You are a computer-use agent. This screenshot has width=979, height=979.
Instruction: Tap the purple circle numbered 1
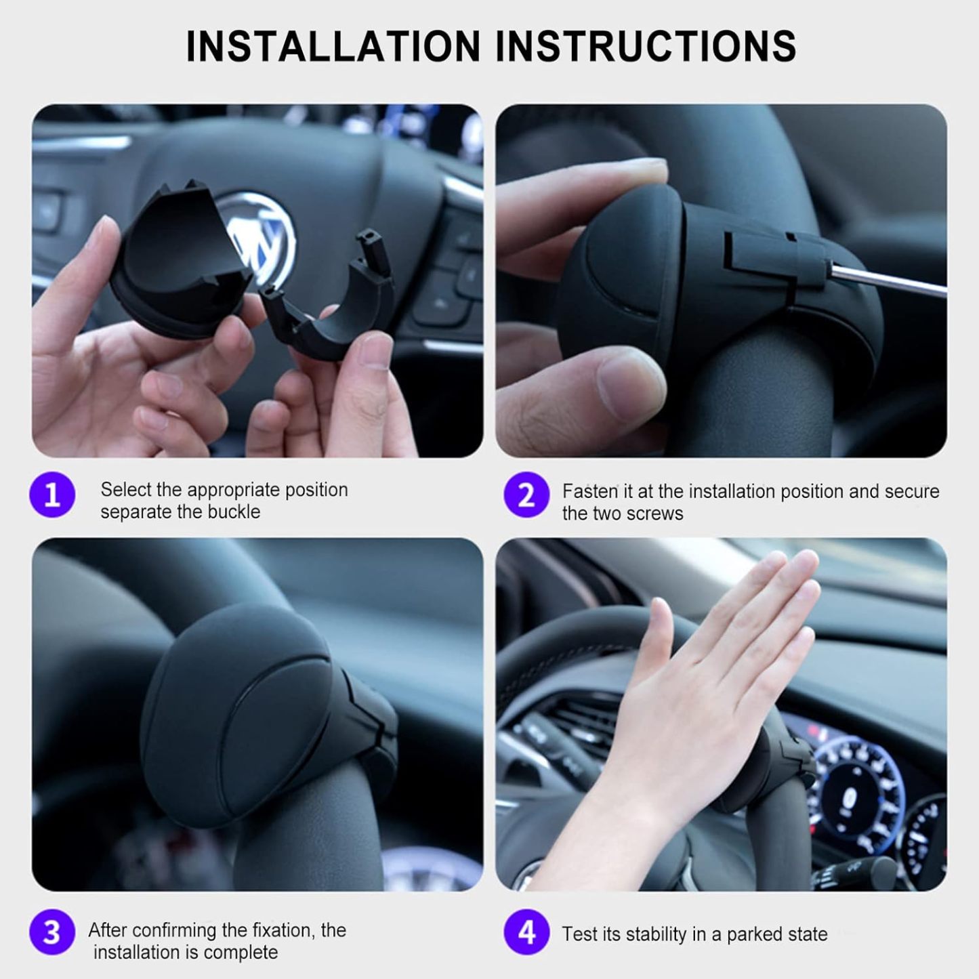(52, 495)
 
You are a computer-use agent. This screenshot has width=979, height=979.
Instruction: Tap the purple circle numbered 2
(526, 495)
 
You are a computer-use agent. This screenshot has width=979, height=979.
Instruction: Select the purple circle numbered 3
(52, 933)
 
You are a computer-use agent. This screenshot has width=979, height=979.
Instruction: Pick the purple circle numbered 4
(526, 933)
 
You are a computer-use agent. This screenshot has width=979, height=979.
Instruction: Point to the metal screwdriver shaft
(888, 278)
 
